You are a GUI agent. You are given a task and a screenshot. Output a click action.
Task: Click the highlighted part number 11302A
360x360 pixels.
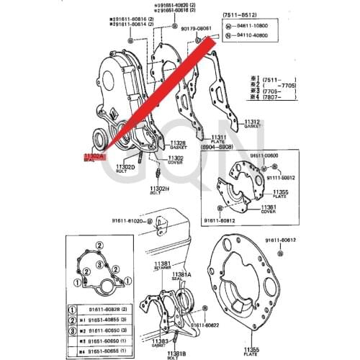[94, 156]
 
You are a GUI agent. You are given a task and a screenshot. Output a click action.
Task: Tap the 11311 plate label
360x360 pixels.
[218, 137]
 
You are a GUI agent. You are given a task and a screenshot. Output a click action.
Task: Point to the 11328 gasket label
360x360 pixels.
[178, 143]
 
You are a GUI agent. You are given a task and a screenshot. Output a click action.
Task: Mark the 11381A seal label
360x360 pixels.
[181, 274]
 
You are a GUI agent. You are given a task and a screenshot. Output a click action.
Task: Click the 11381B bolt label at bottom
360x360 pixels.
[177, 353]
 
